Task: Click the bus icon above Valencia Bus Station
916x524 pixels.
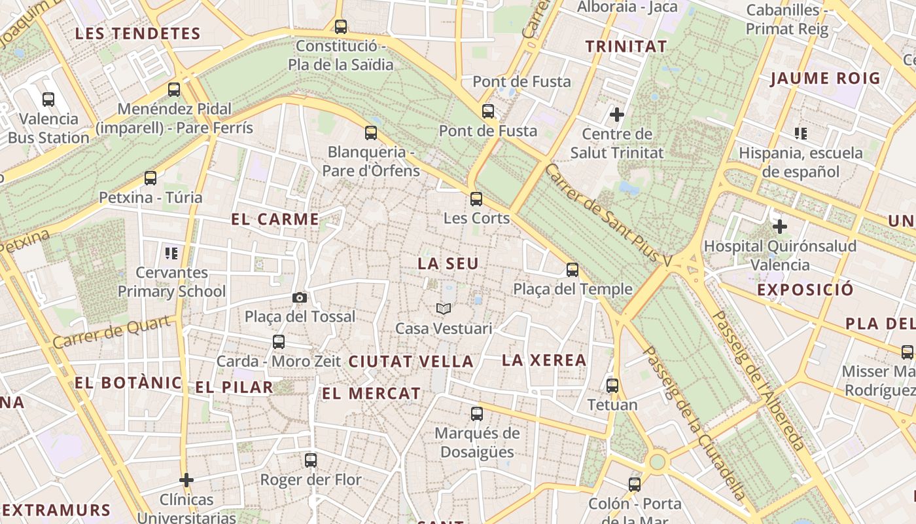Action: click(x=48, y=100)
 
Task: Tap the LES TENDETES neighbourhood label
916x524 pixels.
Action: click(x=137, y=33)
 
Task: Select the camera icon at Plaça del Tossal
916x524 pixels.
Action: click(x=300, y=297)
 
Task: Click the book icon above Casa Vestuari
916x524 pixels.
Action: click(x=444, y=309)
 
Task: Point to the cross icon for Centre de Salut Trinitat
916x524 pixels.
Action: click(x=616, y=115)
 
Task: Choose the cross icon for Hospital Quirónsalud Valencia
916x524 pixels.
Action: click(x=779, y=227)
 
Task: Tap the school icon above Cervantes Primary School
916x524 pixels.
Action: click(x=171, y=253)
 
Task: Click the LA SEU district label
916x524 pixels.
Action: click(x=448, y=263)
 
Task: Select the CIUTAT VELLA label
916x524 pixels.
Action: click(x=411, y=361)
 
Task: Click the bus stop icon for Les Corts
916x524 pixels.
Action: click(x=476, y=198)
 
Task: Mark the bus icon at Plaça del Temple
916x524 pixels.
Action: click(x=572, y=269)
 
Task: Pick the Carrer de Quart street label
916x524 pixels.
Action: click(x=115, y=332)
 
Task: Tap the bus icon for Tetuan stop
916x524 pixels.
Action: click(x=612, y=385)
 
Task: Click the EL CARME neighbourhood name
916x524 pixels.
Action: click(x=275, y=219)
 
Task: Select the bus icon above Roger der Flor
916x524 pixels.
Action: click(x=311, y=460)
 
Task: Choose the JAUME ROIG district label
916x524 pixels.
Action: click(x=825, y=79)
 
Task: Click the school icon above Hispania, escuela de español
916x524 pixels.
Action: click(x=801, y=134)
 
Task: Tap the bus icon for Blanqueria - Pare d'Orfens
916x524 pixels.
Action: click(x=371, y=133)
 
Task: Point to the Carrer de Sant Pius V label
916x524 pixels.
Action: click(x=608, y=214)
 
